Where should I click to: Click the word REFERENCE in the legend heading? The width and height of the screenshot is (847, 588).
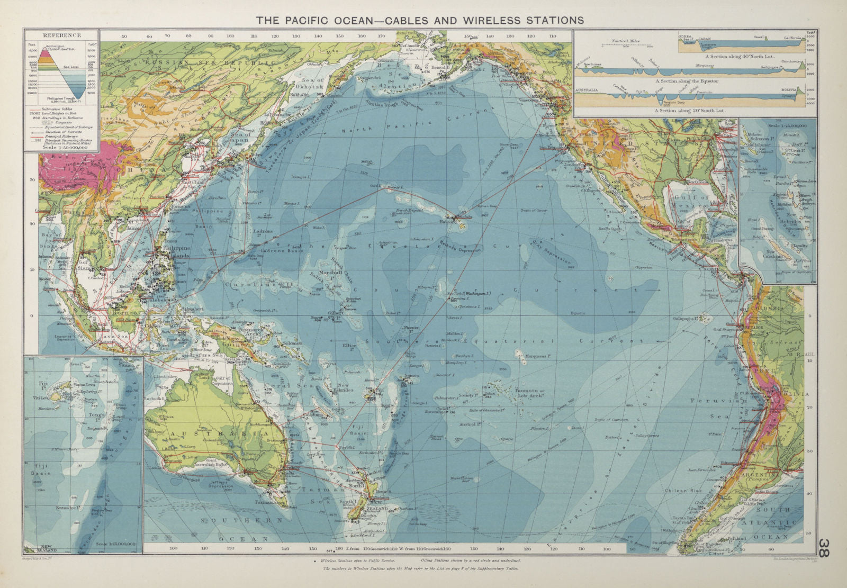(x=61, y=35)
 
